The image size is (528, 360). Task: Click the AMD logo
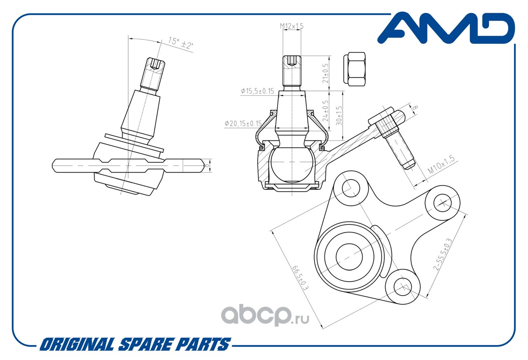pyautogui.click(x=446, y=28)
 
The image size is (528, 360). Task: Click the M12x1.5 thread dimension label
pyautogui.click(x=292, y=26)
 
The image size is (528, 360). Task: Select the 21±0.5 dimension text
pyautogui.click(x=325, y=73)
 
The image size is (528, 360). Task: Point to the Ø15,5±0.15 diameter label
pyautogui.click(x=258, y=91)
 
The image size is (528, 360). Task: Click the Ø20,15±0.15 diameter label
pyautogui.click(x=243, y=123)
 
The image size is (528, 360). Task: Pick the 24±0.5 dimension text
pyautogui.click(x=325, y=111)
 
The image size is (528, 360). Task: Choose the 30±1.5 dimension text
pyautogui.click(x=339, y=115)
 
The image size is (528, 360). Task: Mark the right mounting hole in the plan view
pyautogui.click(x=442, y=203)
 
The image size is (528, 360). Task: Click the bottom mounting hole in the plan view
pyautogui.click(x=403, y=286)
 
